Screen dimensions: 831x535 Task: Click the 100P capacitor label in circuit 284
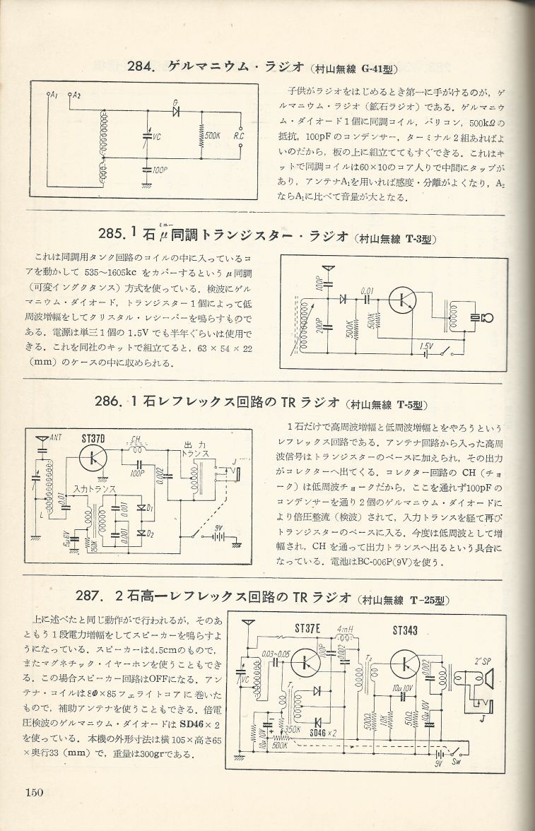[159, 170]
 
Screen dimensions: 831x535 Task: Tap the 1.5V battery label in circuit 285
[425, 346]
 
